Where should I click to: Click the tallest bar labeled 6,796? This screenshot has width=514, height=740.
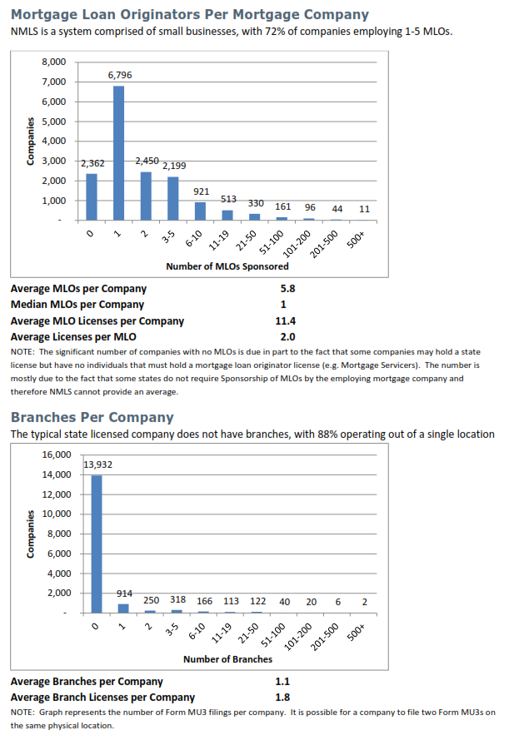(119, 153)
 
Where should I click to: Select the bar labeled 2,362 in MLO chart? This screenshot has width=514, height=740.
(92, 197)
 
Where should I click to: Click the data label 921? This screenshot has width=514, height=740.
(201, 191)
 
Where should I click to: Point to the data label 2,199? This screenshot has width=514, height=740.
(174, 166)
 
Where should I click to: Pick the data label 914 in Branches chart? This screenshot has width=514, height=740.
(124, 593)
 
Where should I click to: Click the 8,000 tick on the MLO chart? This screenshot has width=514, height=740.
(54, 62)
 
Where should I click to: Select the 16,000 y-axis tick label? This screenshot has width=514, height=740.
(55, 454)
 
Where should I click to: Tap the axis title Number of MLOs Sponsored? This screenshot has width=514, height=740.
(227, 266)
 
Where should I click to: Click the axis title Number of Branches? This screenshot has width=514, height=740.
(227, 659)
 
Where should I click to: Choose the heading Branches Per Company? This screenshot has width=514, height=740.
(92, 417)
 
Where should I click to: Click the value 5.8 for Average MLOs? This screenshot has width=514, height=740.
(288, 289)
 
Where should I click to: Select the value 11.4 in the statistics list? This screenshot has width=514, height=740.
(287, 320)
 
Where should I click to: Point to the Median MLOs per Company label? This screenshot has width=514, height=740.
(77, 305)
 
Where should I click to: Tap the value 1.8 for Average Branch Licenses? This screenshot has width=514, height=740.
(282, 698)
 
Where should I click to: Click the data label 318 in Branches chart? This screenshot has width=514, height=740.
(177, 600)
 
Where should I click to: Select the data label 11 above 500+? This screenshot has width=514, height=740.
(364, 209)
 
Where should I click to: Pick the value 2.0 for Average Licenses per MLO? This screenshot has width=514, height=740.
(288, 336)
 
